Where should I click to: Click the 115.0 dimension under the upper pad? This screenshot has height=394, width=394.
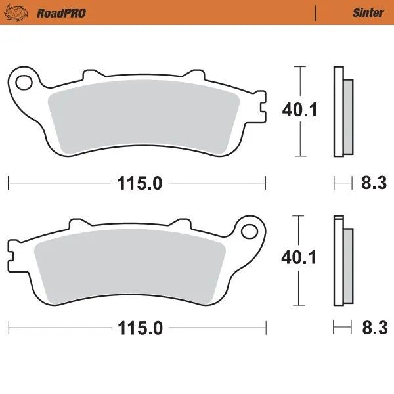[140, 183]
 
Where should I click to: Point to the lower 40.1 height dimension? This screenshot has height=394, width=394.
[299, 257]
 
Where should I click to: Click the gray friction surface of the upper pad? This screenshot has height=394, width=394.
[144, 118]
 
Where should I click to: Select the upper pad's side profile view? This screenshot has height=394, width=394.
[342, 112]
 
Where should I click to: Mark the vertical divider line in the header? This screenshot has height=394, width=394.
[316, 12]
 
